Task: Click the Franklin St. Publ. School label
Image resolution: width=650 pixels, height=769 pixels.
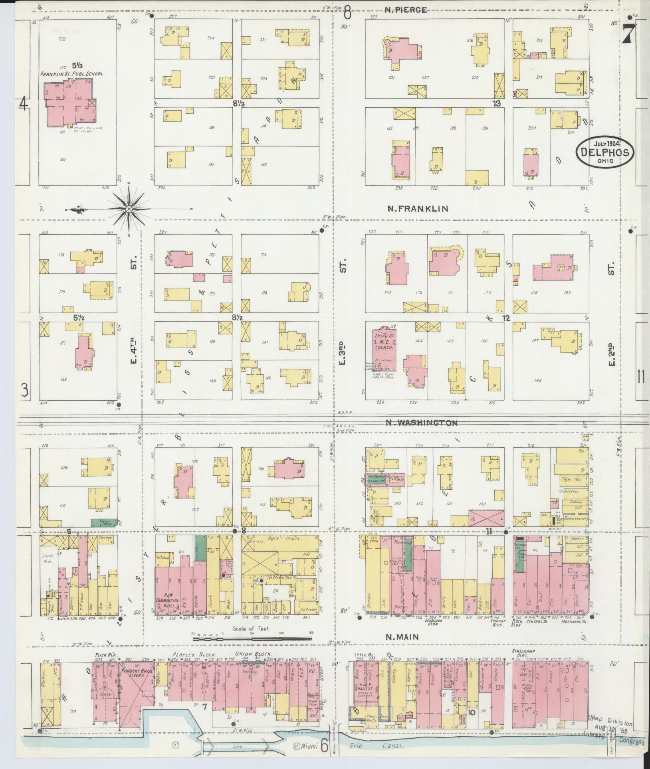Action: click(x=71, y=74)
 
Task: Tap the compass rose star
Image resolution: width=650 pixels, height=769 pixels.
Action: click(x=129, y=209)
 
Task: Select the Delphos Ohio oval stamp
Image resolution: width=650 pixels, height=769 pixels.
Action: click(x=605, y=152)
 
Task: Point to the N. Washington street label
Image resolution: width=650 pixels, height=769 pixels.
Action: click(x=422, y=423)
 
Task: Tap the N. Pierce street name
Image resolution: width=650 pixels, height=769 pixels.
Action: click(x=406, y=10)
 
